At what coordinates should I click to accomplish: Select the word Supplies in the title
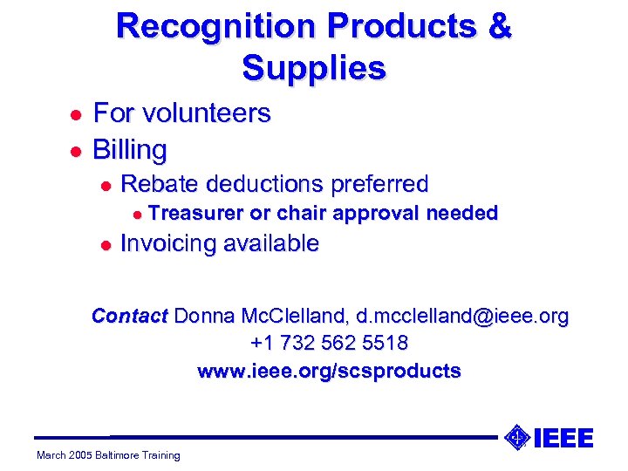[x=314, y=67]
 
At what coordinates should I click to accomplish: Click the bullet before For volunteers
[x=75, y=114]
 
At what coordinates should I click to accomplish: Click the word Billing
[x=130, y=150]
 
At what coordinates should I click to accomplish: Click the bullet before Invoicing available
[x=105, y=244]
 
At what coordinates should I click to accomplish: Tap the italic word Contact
[x=130, y=316]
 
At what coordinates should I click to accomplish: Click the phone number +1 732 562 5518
[x=329, y=343]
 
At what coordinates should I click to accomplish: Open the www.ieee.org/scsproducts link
[x=329, y=371]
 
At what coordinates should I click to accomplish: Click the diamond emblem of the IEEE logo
[x=517, y=437]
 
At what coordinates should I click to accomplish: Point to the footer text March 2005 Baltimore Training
[x=108, y=454]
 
